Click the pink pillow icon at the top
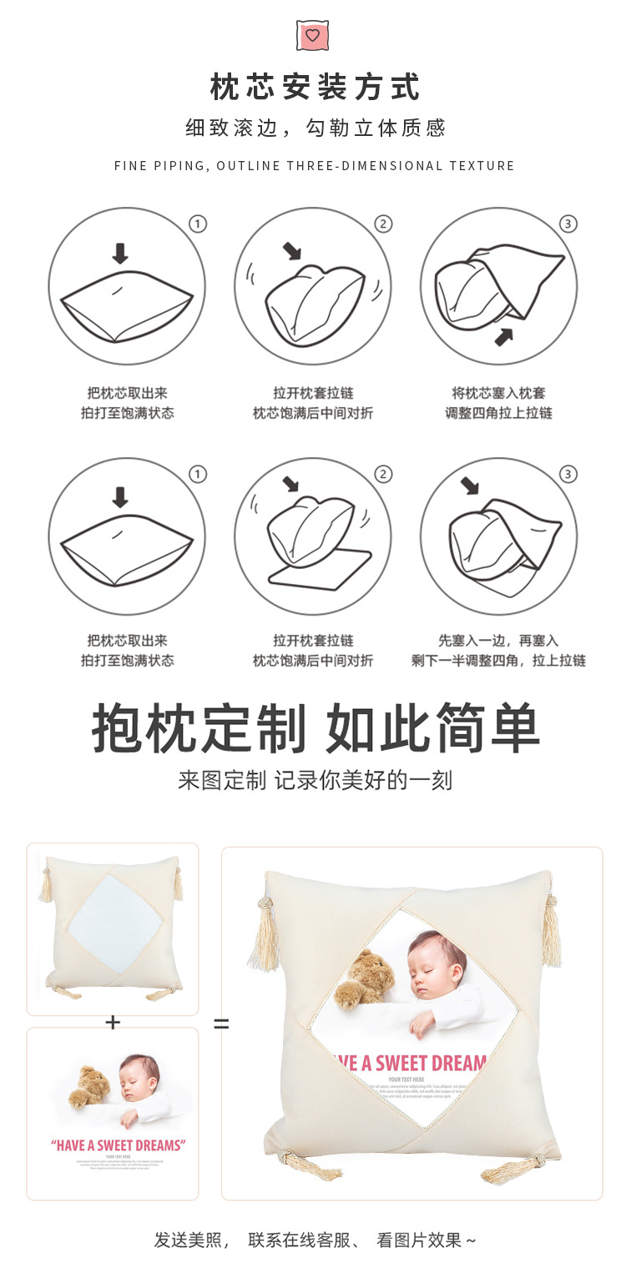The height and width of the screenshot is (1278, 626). click(x=312, y=35)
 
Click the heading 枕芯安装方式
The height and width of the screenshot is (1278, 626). click(x=315, y=87)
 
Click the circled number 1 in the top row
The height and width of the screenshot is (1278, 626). click(x=198, y=224)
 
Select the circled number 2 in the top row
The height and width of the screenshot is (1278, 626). click(x=383, y=224)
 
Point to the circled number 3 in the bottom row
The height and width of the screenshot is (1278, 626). click(x=568, y=474)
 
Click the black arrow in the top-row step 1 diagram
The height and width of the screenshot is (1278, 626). click(x=120, y=254)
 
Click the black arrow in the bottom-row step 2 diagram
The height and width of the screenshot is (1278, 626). click(x=290, y=485)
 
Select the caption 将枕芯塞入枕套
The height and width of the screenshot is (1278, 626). click(x=498, y=393)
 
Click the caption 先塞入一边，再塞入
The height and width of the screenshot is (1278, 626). click(x=498, y=641)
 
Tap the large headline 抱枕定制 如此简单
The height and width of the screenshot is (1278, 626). click(x=315, y=728)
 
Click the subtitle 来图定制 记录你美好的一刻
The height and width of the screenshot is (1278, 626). click(x=315, y=781)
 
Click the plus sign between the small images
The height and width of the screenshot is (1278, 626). click(x=113, y=1022)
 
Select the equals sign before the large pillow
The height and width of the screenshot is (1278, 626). click(x=221, y=1023)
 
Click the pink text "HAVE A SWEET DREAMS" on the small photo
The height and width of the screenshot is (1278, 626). click(x=118, y=1145)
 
